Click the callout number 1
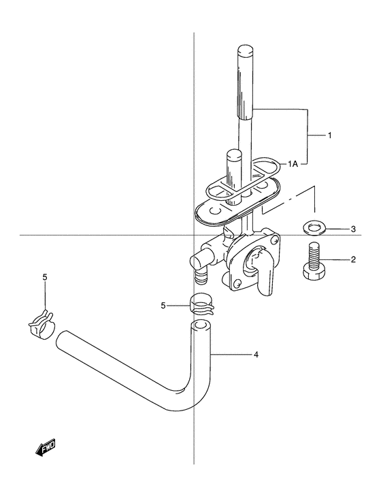pos(330,135)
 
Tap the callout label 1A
pos(293,164)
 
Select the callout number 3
pos(354,229)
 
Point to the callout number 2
pos(353,260)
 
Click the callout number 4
pos(256,354)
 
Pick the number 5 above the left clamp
pos(45,277)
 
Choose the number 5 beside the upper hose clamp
pos(163,306)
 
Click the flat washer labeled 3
pos(312,228)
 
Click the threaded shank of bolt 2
pos(312,255)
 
